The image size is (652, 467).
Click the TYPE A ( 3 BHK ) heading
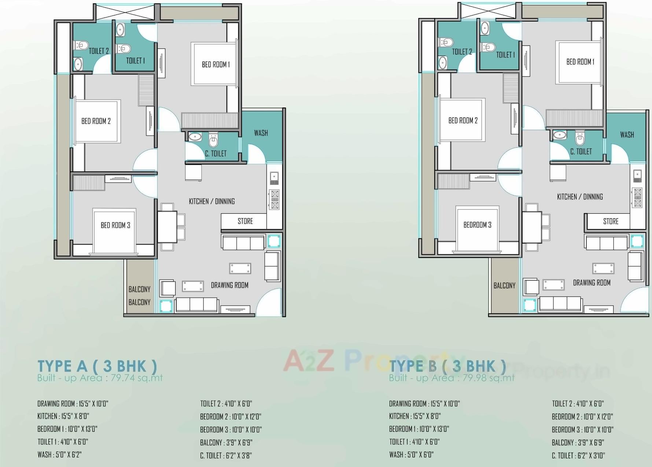pyautogui.click(x=97, y=366)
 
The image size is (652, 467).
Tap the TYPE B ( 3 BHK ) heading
pyautogui.click(x=447, y=365)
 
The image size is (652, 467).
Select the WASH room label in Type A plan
pyautogui.click(x=261, y=133)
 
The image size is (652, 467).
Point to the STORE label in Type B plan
pyautogui.click(x=611, y=221)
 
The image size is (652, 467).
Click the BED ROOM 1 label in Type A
pyautogui.click(x=216, y=65)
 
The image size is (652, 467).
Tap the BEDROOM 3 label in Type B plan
pyautogui.click(x=477, y=225)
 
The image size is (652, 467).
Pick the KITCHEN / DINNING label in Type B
pyautogui.click(x=580, y=197)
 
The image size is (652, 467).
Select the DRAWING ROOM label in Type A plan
pyautogui.click(x=229, y=285)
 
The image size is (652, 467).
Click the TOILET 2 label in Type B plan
pyautogui.click(x=462, y=52)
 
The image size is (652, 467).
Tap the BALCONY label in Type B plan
pyautogui.click(x=504, y=286)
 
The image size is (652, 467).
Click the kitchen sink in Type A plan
pyautogui.click(x=274, y=178)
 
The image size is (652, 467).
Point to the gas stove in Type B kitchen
pyautogui.click(x=638, y=198)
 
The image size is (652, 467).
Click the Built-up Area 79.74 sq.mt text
pyautogui.click(x=100, y=378)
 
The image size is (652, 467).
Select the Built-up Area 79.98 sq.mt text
pyautogui.click(x=452, y=378)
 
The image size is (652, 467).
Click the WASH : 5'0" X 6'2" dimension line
pyautogui.click(x=59, y=455)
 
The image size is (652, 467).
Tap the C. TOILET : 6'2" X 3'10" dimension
pyautogui.click(x=578, y=456)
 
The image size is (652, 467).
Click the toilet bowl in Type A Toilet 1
pyautogui.click(x=124, y=48)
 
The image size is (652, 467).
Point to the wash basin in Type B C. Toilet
pyautogui.click(x=559, y=135)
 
